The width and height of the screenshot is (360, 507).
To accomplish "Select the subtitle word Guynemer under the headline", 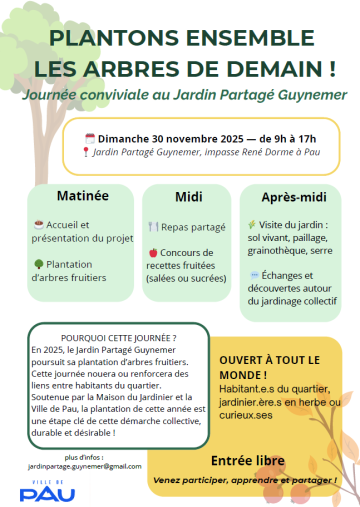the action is tap(306, 94).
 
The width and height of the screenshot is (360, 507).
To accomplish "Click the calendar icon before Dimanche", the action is tap(89, 137).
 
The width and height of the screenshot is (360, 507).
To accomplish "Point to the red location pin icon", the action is tap(87, 152).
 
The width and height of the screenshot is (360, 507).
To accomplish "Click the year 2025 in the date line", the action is tap(215, 137).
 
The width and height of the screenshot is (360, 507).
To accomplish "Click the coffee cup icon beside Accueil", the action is tap(38, 225).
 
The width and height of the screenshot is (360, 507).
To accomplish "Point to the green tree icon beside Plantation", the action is tap(38, 264).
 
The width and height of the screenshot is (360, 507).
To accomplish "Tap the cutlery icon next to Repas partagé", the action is tap(152, 226).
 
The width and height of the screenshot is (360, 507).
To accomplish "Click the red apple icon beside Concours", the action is tap(152, 253).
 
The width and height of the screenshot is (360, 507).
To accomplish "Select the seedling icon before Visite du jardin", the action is tap(252, 225).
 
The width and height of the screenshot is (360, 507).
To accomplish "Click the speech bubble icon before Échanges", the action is tap(253, 274).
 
